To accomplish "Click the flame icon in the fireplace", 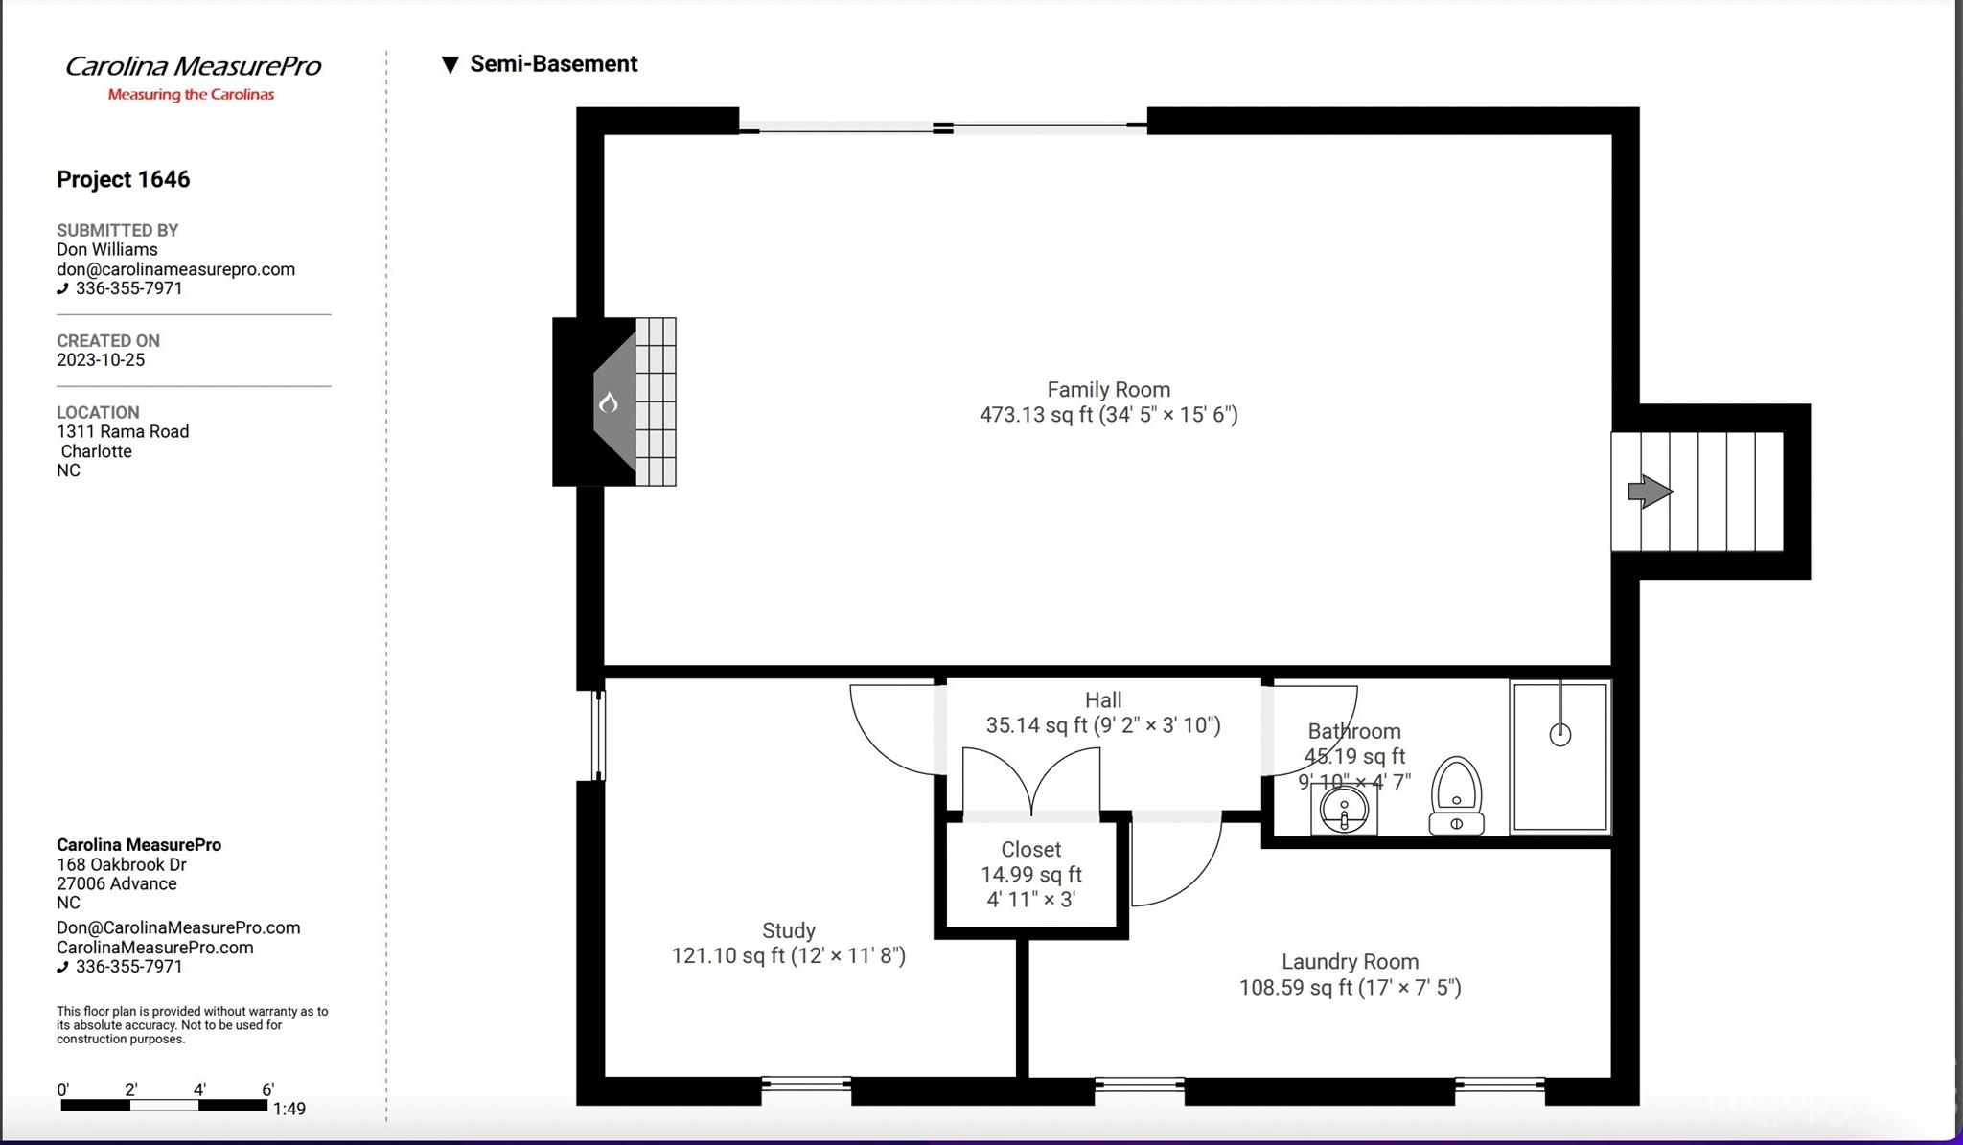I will pos(609,403).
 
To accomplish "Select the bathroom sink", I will pos(1344,810).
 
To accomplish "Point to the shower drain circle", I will pos(1559,735).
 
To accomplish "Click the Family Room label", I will pos(1108,390).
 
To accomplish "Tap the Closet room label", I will pos(1030,850).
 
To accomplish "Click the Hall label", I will pos(1103,700).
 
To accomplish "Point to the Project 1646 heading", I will pos(123,179).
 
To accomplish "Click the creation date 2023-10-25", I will pos(101,360).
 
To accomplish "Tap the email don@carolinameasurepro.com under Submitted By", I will pos(175,269).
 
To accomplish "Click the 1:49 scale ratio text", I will pos(289,1110).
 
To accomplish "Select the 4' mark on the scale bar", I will pos(199,1089).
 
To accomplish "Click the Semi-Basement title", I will pos(553,64).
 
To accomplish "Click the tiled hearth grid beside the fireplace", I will pos(656,402).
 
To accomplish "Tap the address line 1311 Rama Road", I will pos(123,432).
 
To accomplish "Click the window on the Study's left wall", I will pos(597,736).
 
